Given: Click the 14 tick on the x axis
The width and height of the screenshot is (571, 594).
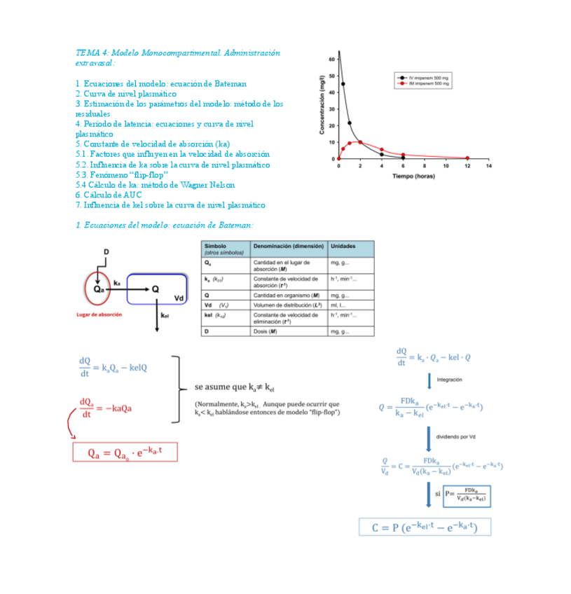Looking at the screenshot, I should [x=489, y=166].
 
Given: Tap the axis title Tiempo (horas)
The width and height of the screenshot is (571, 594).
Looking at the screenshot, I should [x=413, y=176].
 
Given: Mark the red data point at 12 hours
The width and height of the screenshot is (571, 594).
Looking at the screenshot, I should [x=467, y=158].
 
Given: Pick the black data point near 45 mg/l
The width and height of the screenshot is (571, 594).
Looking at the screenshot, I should [x=343, y=84].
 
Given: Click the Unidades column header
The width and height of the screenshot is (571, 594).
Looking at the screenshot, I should [x=343, y=247].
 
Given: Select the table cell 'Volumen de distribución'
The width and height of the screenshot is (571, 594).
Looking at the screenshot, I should [x=287, y=305].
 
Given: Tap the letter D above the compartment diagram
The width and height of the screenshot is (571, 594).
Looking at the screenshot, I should [x=106, y=251].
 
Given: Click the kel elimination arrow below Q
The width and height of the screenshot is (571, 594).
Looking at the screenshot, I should [x=156, y=315].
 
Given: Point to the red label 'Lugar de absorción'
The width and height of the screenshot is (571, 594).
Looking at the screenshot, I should [x=99, y=315].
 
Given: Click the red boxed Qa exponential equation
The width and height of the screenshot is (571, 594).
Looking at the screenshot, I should [x=125, y=452].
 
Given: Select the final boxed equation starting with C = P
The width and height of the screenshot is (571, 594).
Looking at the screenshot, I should [x=425, y=527].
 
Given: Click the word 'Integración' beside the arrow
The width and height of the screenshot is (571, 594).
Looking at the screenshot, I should [x=449, y=380].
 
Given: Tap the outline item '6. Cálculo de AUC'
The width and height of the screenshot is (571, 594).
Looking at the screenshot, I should [x=109, y=195].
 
